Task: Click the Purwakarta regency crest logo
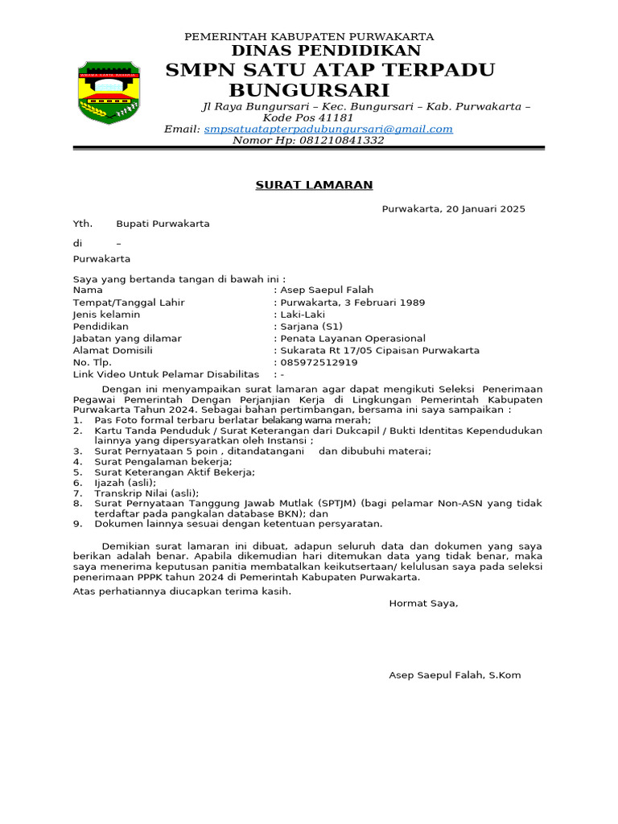(x=108, y=90)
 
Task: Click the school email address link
(x=328, y=129)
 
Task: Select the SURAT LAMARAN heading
(x=314, y=185)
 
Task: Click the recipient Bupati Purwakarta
(x=163, y=224)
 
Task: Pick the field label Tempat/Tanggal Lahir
(x=129, y=303)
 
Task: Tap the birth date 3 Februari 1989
(x=385, y=303)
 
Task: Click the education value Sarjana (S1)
(x=311, y=327)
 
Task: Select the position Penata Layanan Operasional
(x=352, y=339)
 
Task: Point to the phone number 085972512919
(x=319, y=363)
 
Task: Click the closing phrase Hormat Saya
(x=423, y=603)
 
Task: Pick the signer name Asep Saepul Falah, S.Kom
(x=455, y=675)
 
